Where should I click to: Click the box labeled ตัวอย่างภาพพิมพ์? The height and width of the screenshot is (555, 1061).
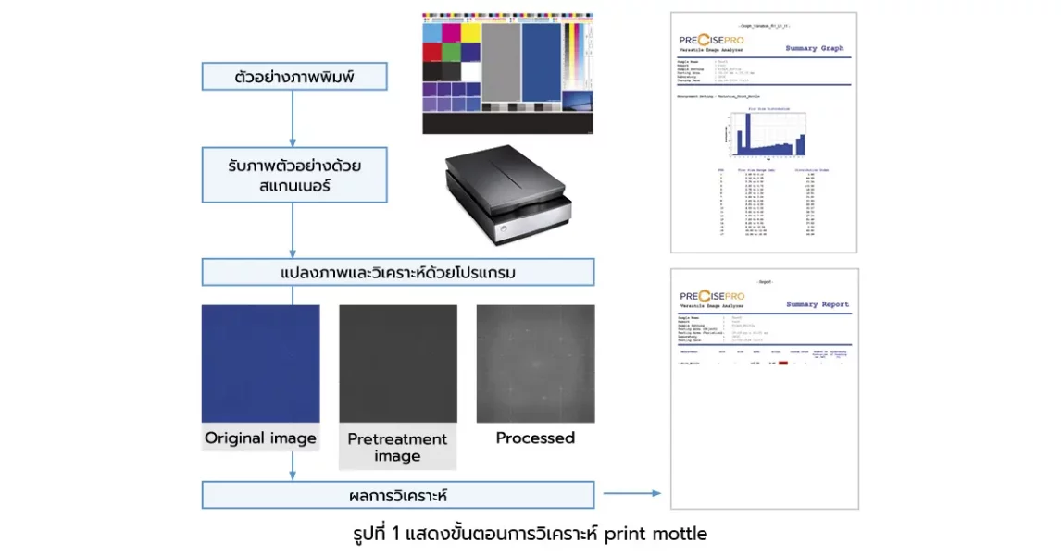293,76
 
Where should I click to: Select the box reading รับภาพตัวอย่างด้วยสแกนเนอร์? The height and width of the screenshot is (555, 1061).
293,176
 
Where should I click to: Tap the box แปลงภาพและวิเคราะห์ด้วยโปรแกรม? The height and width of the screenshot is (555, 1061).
398,273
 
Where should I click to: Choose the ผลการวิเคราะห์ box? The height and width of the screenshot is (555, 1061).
398,495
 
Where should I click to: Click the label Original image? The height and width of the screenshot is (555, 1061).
260,438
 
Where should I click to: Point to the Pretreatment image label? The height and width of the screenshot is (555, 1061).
397,447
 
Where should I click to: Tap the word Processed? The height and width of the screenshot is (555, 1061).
535,438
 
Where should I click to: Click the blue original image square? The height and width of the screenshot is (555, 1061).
260,364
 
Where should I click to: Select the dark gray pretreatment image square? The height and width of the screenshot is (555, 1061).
397,364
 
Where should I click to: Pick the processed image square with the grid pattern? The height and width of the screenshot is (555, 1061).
535,364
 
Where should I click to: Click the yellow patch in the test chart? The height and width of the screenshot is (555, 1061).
470,32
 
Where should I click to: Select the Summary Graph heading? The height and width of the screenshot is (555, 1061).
814,48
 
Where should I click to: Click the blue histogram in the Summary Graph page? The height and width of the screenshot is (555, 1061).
765,134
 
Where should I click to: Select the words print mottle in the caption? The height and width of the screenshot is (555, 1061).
655,534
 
